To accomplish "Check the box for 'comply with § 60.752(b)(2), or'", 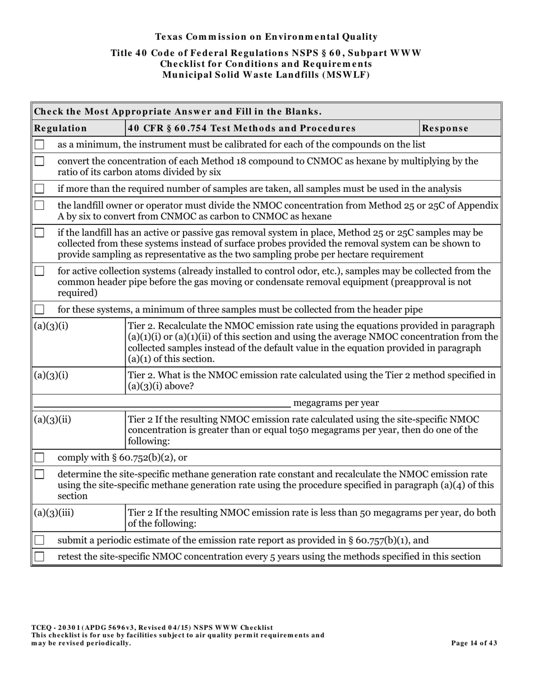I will (39, 458).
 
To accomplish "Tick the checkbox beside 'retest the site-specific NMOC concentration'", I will (39, 557).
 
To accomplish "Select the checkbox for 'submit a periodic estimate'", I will (39, 540).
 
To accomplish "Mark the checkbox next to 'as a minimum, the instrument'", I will (39, 145).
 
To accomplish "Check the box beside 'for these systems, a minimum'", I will (39, 310).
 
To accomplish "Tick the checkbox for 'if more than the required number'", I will (39, 188).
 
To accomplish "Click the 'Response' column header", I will (445, 128).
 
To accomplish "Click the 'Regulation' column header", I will (61, 128).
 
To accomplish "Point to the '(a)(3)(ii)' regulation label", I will (53, 420).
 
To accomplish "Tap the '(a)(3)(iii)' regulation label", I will (54, 513).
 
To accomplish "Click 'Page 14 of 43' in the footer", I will (474, 643).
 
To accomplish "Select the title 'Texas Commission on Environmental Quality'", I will (266, 37).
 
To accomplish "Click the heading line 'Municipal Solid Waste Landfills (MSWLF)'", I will (266, 74).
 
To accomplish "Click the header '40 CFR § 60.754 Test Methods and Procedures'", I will (242, 128).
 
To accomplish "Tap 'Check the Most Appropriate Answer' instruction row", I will (178, 111).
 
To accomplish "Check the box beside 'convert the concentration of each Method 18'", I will (39, 162).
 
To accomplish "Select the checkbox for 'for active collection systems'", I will (39, 272).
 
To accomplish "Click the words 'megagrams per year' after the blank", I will (336, 403).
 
